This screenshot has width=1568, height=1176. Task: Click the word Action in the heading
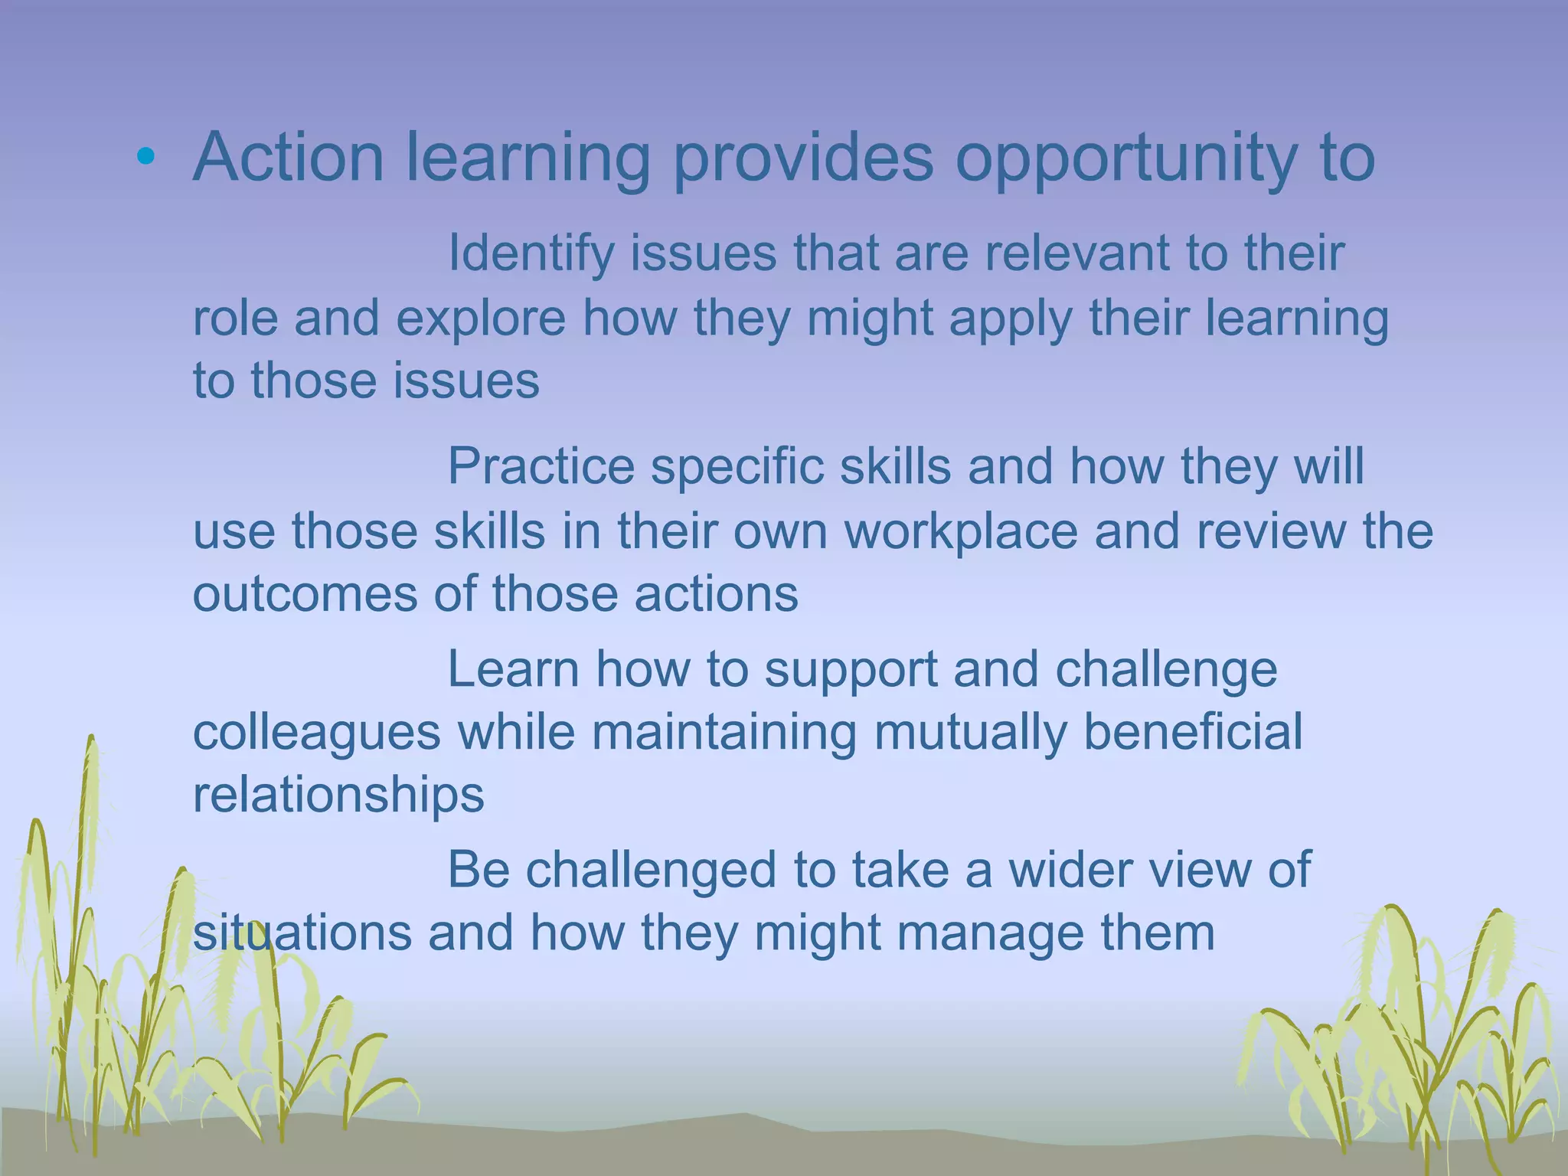coord(289,158)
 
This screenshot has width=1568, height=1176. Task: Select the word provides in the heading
coord(803,159)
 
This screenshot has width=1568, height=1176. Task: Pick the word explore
coord(480,318)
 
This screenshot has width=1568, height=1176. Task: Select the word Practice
coord(541,465)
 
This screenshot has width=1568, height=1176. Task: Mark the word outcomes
coord(305,594)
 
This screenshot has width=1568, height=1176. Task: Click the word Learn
coord(513,669)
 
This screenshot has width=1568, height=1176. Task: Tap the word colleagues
coord(316,733)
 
